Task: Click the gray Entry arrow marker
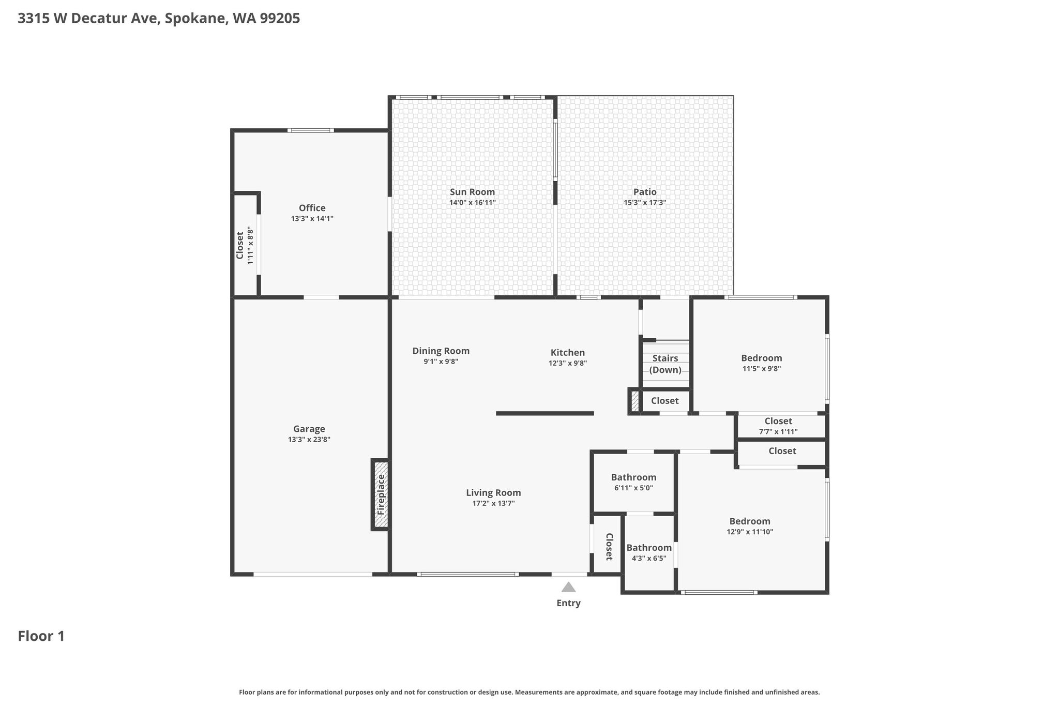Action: (568, 587)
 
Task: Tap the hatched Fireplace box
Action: (381, 494)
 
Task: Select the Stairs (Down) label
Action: (665, 364)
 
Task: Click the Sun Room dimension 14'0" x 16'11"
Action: (473, 203)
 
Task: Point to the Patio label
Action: (645, 192)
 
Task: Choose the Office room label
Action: (312, 208)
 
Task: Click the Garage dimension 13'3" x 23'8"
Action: (309, 440)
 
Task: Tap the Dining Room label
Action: (441, 351)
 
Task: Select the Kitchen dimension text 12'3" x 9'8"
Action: (568, 363)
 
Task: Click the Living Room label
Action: (493, 493)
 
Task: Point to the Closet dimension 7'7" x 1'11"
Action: (778, 431)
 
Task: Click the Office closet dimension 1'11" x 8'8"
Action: (250, 245)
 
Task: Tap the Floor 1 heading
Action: (41, 636)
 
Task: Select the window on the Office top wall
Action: (310, 130)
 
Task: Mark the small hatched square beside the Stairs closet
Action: (635, 401)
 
